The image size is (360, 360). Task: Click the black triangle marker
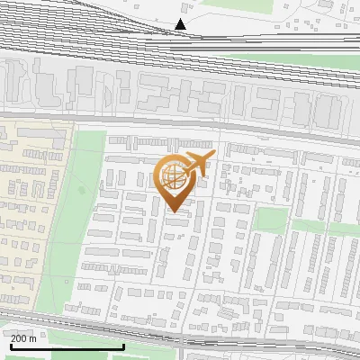click(x=181, y=24)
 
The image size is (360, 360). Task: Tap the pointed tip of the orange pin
click(x=174, y=211)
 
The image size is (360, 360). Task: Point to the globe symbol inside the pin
click(x=174, y=177)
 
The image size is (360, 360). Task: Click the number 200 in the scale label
click(x=20, y=338)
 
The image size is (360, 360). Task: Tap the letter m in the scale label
click(x=33, y=338)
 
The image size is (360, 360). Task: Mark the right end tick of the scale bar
click(x=123, y=346)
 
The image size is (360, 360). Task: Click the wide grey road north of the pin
click(x=180, y=123)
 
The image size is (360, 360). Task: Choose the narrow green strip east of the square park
click(x=337, y=227)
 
